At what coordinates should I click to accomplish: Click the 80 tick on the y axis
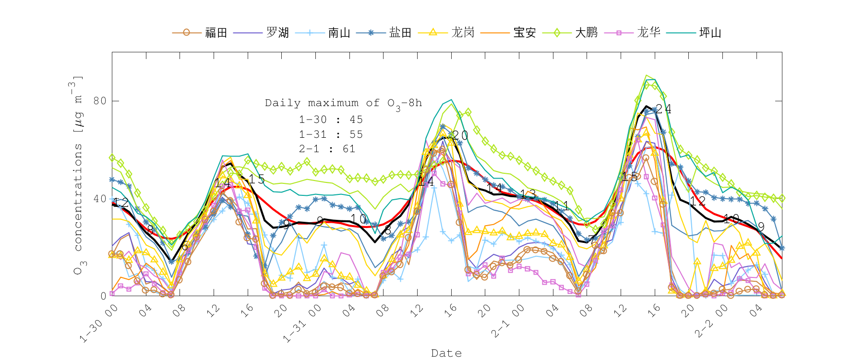tap(100, 101)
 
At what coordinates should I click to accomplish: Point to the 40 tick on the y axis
tap(100, 198)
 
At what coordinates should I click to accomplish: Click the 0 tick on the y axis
tap(103, 296)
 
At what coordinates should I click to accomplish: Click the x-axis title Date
tap(446, 353)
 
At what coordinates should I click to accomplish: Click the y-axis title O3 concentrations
tap(77, 175)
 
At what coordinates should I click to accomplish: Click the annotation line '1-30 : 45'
tap(331, 120)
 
